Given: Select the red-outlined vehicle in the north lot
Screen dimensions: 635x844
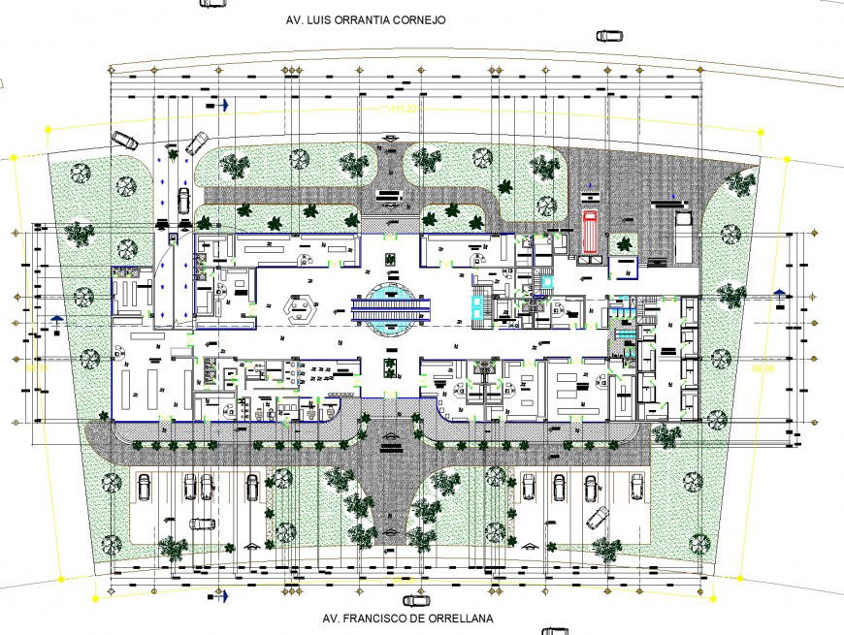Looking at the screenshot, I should [588, 231].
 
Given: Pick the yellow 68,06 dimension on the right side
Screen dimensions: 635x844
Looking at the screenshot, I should [763, 368].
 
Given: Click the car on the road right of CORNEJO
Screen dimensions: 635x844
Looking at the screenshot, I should [609, 36].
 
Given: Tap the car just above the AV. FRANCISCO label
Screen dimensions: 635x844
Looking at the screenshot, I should [416, 601].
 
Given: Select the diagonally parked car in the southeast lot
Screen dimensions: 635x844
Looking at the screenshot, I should [598, 518].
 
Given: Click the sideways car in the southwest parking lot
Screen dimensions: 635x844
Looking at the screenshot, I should [203, 524].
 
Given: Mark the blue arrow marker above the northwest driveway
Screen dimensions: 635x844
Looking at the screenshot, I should [223, 104].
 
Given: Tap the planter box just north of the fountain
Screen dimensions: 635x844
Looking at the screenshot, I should [389, 259].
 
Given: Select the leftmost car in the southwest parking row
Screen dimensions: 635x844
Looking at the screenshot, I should [143, 486].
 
